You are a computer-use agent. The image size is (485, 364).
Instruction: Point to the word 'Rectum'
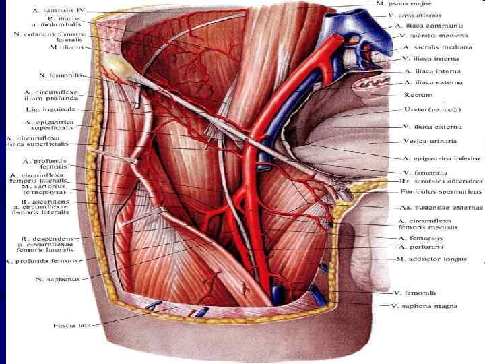(418, 95)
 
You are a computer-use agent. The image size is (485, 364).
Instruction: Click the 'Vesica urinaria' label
(430, 142)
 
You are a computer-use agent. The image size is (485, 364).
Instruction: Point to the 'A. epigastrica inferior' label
(442, 158)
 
